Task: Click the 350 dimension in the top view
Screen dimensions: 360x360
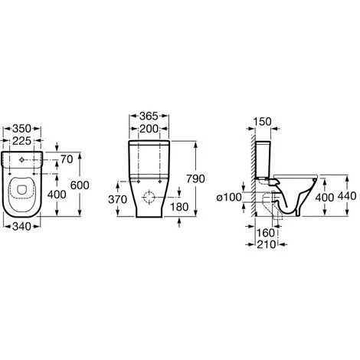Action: (21, 129)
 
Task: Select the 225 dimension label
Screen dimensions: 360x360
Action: (21, 141)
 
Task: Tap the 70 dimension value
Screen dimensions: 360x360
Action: (67, 159)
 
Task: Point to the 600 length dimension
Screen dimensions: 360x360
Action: (80, 185)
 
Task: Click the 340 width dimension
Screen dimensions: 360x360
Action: (21, 227)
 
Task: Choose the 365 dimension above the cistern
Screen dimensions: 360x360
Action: (149, 116)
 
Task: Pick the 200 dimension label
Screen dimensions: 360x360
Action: (149, 129)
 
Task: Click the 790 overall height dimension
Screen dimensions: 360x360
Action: (195, 178)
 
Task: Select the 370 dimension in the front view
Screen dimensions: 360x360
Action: (117, 200)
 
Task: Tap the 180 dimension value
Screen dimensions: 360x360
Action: (179, 207)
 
